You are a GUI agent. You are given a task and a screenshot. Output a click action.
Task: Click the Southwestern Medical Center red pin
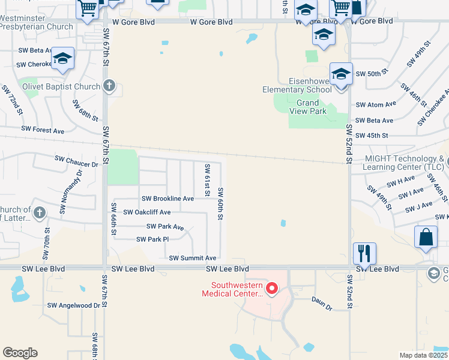click(271, 290)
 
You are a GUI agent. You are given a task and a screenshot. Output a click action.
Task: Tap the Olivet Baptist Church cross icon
click(109, 86)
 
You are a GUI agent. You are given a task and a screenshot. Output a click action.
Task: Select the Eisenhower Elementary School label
click(297, 85)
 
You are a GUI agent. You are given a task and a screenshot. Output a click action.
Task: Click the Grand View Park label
click(311, 107)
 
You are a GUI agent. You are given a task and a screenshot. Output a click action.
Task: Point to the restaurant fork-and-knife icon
click(364, 253)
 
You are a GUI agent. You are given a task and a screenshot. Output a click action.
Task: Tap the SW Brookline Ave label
click(167, 199)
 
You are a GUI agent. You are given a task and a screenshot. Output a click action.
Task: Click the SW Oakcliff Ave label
click(147, 212)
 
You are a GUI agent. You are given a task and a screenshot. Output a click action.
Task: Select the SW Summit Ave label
click(192, 258)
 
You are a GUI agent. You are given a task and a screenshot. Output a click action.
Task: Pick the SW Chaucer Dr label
click(76, 161)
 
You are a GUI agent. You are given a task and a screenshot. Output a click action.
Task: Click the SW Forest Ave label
click(43, 130)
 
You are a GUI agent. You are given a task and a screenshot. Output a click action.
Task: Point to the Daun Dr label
click(321, 303)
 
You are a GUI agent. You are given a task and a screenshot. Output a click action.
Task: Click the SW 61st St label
click(207, 180)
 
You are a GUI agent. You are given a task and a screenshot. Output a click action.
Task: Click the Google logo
click(20, 353)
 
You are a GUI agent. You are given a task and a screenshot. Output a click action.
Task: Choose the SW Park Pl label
click(152, 239)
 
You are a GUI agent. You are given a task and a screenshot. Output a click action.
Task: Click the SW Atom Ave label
click(376, 104)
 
